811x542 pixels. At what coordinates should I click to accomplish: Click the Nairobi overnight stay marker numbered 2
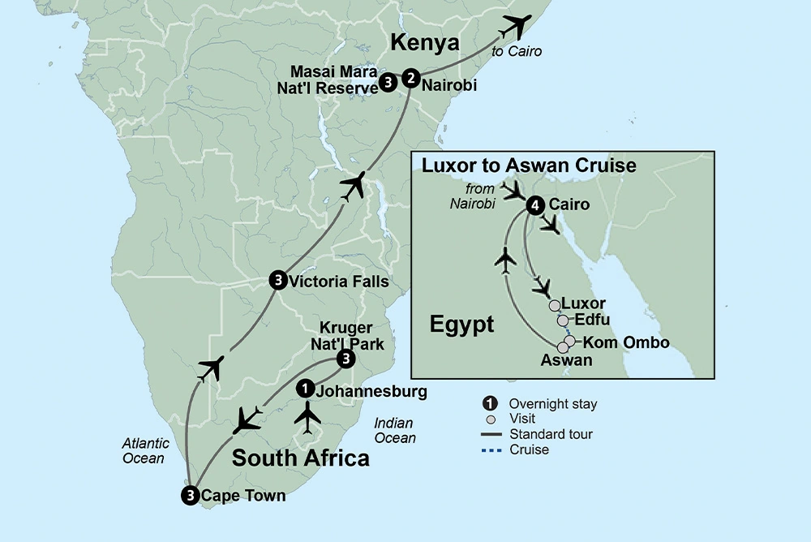[411, 79]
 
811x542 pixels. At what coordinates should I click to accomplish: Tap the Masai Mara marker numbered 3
[388, 82]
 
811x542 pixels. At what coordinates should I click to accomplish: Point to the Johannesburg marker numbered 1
[304, 389]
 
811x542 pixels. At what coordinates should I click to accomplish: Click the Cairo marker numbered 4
[534, 205]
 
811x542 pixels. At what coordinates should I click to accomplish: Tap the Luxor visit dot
[554, 306]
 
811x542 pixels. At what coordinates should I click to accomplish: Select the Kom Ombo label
[626, 342]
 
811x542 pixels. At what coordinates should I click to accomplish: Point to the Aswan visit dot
[563, 347]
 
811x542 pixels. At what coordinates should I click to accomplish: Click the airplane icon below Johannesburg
[307, 418]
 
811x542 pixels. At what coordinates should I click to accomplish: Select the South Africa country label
[300, 458]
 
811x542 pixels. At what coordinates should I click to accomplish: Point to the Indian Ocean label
[395, 430]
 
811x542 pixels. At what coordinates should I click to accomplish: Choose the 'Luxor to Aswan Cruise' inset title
[529, 166]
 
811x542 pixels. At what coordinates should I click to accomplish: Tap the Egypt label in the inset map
[461, 325]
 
